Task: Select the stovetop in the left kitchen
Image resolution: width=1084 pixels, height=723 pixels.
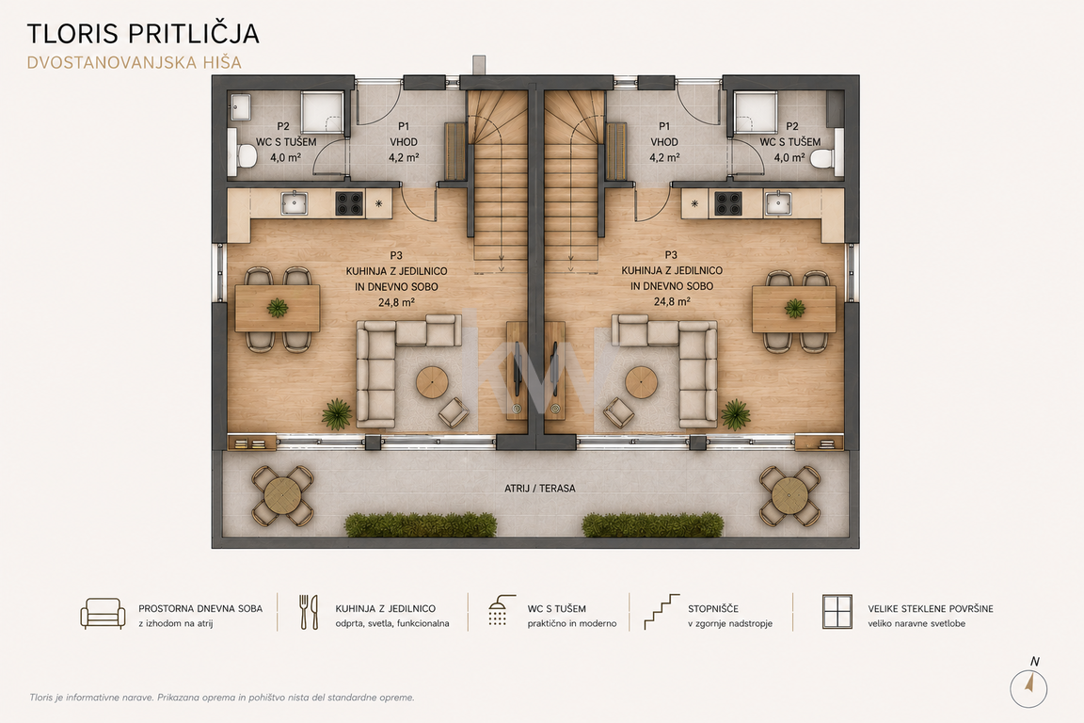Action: click(x=350, y=203)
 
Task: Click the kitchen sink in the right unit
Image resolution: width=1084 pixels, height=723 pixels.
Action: click(x=778, y=203)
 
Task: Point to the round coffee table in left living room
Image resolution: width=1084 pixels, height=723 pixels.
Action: click(x=432, y=382)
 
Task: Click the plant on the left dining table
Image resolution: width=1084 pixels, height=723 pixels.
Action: click(x=278, y=307)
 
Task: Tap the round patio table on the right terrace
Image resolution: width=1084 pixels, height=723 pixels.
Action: click(x=790, y=494)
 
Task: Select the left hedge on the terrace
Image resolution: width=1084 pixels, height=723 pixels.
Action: click(x=421, y=524)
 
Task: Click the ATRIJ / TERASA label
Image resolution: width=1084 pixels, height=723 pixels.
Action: click(x=540, y=488)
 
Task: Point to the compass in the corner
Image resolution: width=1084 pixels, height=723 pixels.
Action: click(x=1028, y=687)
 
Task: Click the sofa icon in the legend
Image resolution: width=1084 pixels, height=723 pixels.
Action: click(x=103, y=614)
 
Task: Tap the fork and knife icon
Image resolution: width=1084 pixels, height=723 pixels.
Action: click(x=309, y=612)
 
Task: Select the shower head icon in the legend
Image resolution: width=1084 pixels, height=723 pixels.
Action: click(x=502, y=610)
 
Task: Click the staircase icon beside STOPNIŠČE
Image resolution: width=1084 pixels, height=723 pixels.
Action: click(x=662, y=612)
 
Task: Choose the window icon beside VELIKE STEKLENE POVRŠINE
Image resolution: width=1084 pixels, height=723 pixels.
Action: click(x=837, y=612)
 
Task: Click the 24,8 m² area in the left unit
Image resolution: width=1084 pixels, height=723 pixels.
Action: click(x=396, y=302)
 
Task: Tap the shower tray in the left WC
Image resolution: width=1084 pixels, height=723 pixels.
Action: click(x=322, y=111)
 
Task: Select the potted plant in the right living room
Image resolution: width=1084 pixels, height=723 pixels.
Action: click(x=736, y=414)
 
